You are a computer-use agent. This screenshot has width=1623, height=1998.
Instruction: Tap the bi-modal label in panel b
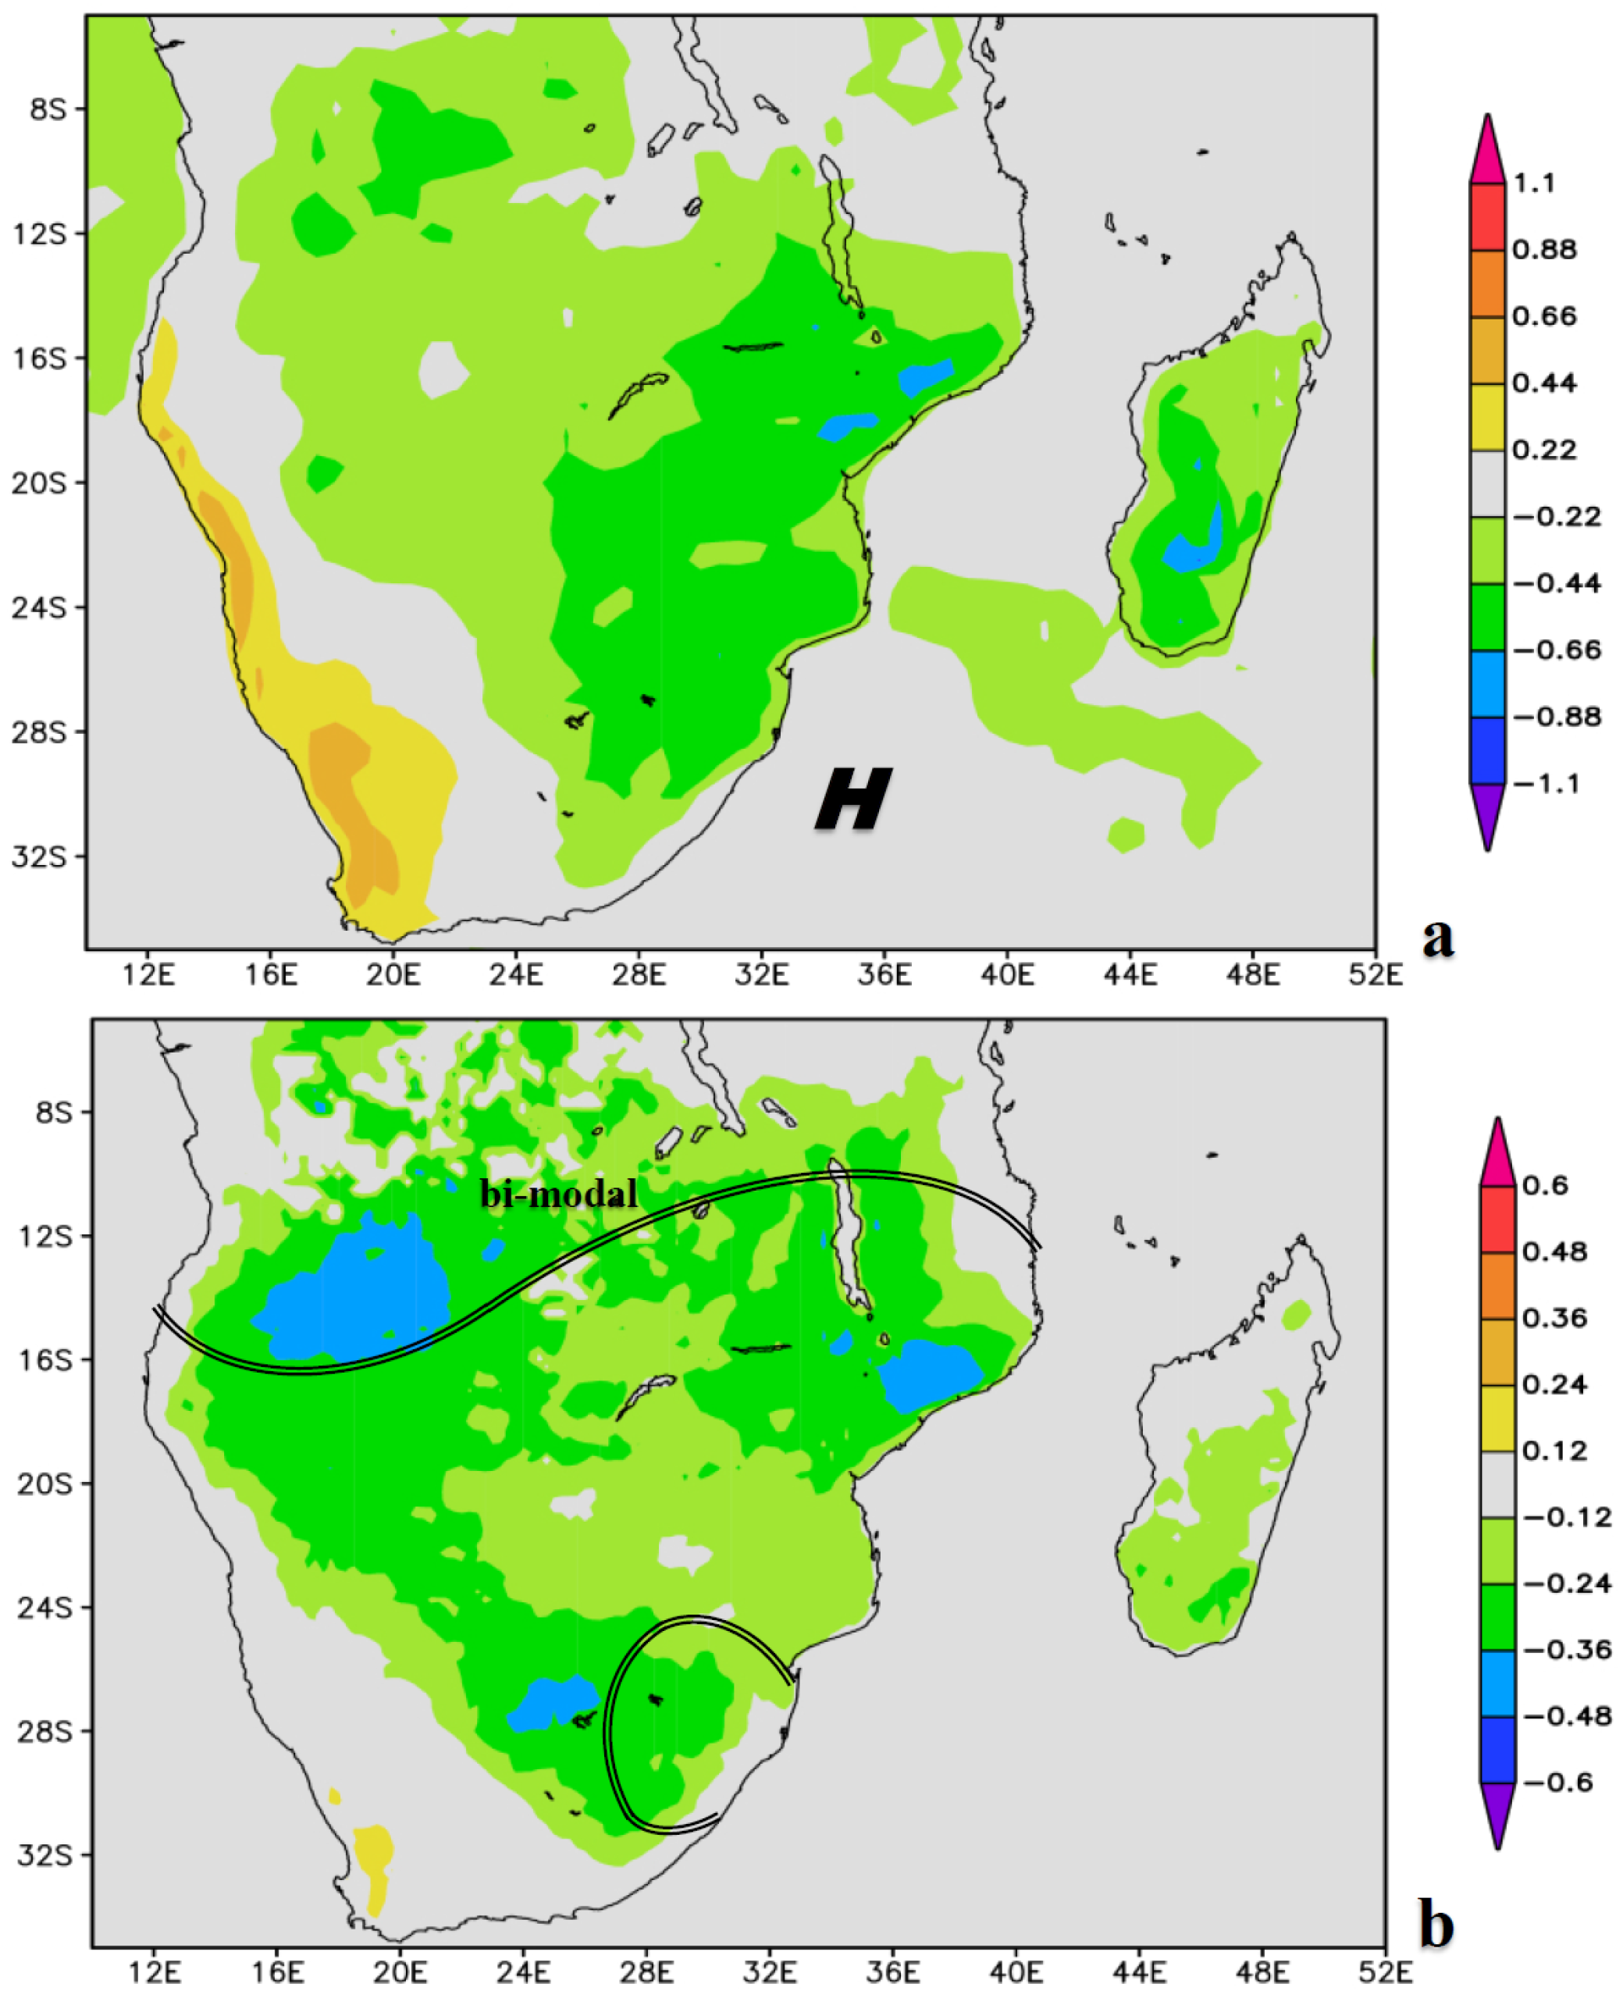pos(559,1194)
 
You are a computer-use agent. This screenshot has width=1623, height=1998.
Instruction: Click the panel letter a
pos(1438,936)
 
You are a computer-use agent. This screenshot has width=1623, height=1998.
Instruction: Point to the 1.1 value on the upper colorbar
pos(1534,183)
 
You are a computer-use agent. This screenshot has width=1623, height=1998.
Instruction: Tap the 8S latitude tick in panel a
pos(48,109)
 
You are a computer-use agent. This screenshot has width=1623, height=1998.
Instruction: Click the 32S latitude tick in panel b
pos(44,1854)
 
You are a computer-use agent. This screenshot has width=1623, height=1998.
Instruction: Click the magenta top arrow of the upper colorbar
pos(1486,150)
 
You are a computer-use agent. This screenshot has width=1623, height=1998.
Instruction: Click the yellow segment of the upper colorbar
pos(1486,417)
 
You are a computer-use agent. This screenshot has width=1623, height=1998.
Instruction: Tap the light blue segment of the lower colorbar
pos(1498,1683)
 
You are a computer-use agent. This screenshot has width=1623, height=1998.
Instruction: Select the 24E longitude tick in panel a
pos(516,975)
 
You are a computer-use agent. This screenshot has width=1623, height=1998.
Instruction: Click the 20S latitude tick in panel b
pos(44,1483)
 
